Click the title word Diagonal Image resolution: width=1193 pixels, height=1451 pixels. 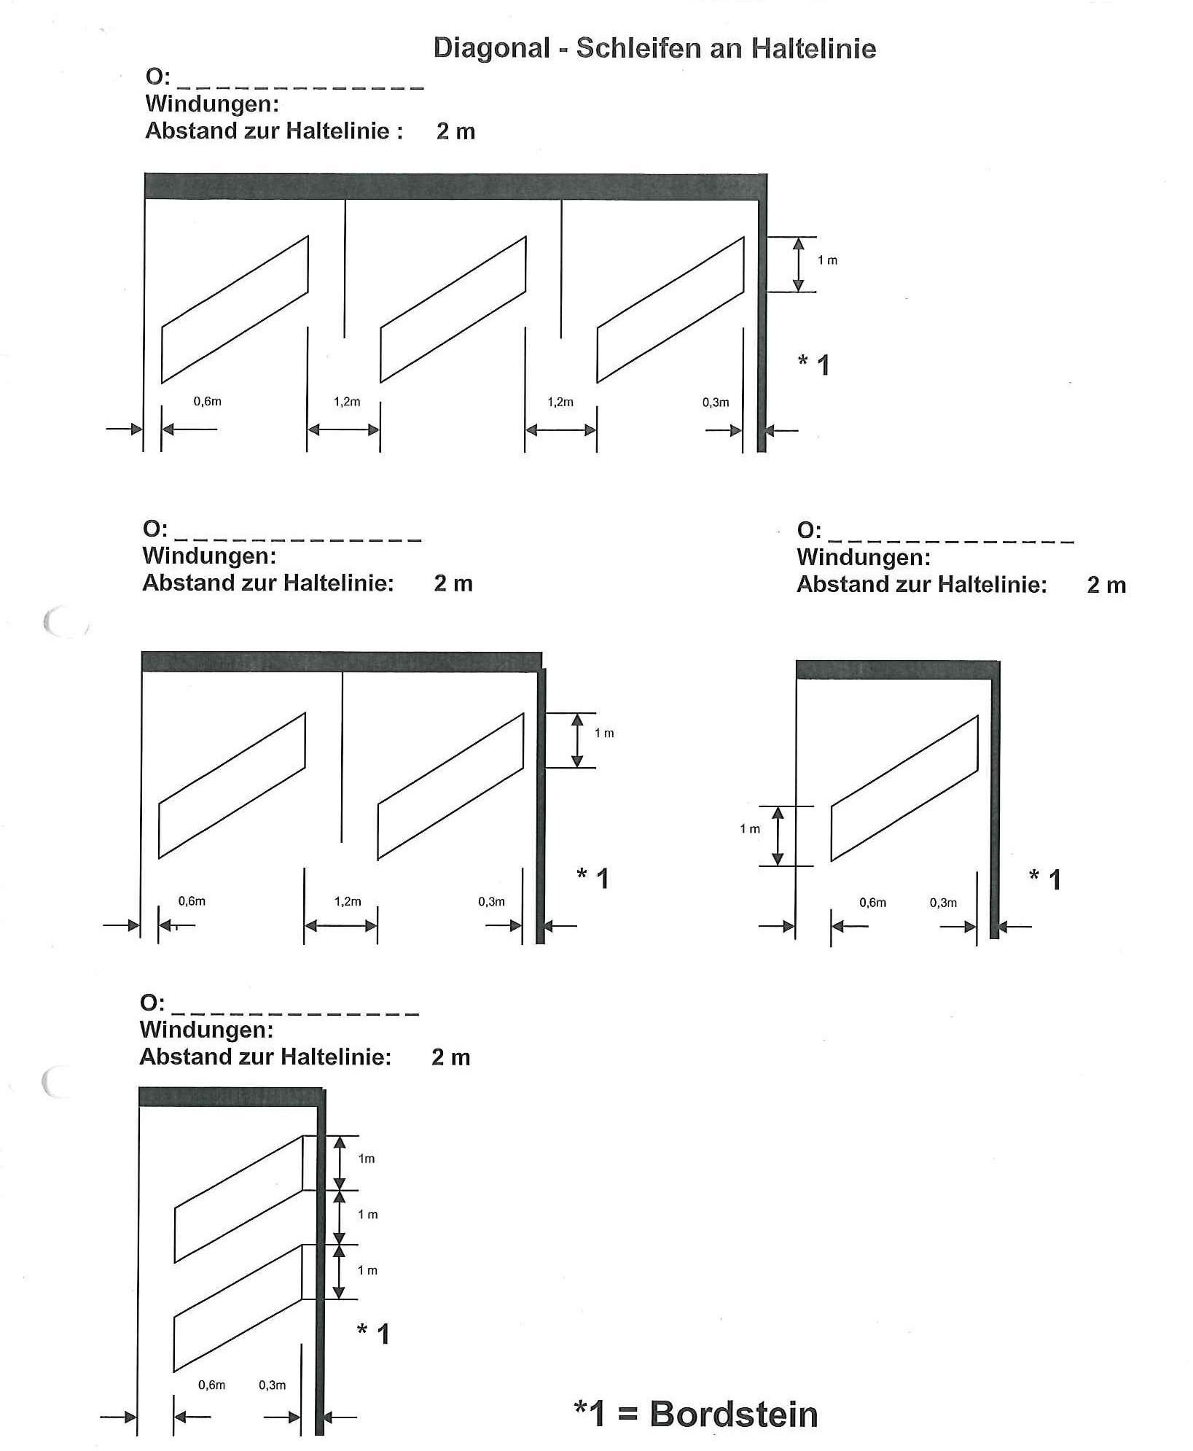coord(491,49)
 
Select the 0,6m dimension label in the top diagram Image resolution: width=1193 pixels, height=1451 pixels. coord(207,402)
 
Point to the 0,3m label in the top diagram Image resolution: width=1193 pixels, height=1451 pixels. coord(715,402)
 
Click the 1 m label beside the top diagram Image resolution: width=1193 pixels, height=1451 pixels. coord(827,260)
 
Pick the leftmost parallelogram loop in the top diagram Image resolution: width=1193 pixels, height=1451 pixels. coord(235,309)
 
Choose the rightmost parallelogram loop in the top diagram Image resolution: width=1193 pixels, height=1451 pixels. coord(670,309)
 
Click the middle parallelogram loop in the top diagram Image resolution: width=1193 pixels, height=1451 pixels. coord(453,309)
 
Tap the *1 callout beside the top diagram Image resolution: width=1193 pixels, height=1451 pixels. coord(814,364)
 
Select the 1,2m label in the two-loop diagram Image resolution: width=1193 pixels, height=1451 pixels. coord(348,901)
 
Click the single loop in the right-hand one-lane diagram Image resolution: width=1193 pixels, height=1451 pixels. coord(904,788)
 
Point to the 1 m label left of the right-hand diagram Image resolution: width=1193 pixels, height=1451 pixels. coord(750,829)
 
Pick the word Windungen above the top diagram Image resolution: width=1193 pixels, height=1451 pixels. coord(212,104)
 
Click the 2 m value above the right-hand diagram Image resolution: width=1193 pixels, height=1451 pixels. coord(1106,585)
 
